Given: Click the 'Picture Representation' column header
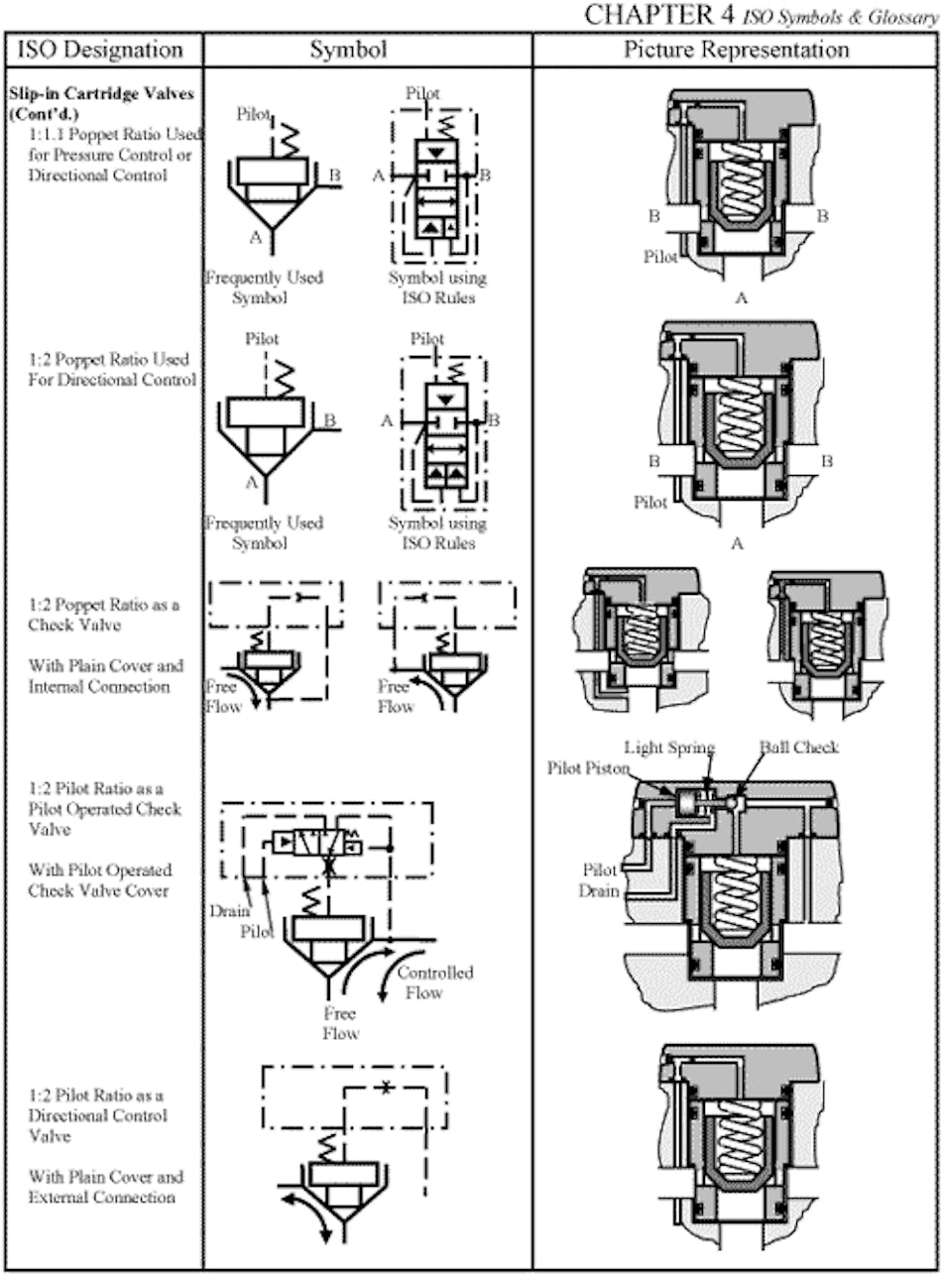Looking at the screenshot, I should [736, 50].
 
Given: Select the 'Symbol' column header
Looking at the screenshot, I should [348, 50].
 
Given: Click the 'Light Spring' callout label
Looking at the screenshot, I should [669, 747].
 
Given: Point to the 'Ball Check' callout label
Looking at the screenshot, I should [798, 747].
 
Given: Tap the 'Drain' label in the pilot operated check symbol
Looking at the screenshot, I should [228, 910].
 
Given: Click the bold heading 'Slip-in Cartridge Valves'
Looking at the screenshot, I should [102, 93].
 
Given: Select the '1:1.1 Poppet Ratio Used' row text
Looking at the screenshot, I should [115, 134].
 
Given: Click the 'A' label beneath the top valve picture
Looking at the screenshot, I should [740, 296].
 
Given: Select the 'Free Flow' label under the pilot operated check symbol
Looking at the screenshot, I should [340, 1023].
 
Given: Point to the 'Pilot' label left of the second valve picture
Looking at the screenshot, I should [650, 502].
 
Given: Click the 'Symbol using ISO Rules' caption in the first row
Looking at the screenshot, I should [436, 288].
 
